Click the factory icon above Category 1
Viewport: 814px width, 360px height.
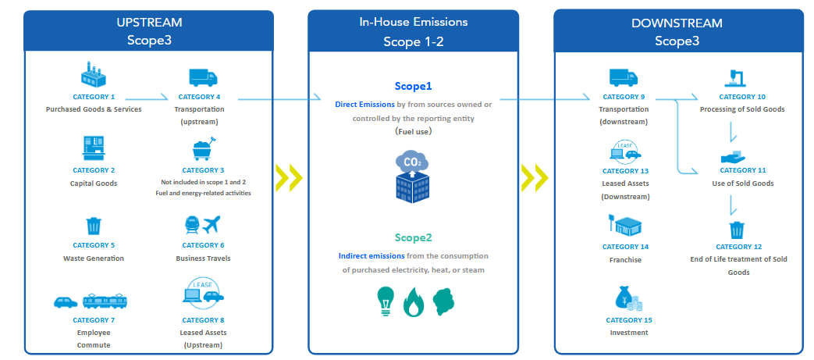click(94, 74)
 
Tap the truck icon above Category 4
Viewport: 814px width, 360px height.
click(203, 77)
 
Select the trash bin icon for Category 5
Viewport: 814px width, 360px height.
click(94, 226)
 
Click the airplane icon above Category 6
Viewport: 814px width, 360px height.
click(211, 225)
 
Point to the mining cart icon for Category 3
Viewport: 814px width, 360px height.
click(204, 148)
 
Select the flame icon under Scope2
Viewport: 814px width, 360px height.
click(414, 302)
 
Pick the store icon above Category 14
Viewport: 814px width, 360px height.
click(625, 226)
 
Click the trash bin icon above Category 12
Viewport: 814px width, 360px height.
click(738, 229)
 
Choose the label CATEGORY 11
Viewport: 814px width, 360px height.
click(742, 170)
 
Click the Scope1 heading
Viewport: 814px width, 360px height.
click(413, 86)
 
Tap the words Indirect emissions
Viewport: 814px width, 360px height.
click(371, 256)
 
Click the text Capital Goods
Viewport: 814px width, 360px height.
click(94, 184)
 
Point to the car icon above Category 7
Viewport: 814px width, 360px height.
click(66, 301)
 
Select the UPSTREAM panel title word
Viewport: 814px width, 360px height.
click(149, 23)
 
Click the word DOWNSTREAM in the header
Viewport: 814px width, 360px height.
click(677, 23)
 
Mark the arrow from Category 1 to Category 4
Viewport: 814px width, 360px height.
click(147, 97)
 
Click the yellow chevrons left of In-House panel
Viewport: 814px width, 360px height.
click(290, 177)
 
